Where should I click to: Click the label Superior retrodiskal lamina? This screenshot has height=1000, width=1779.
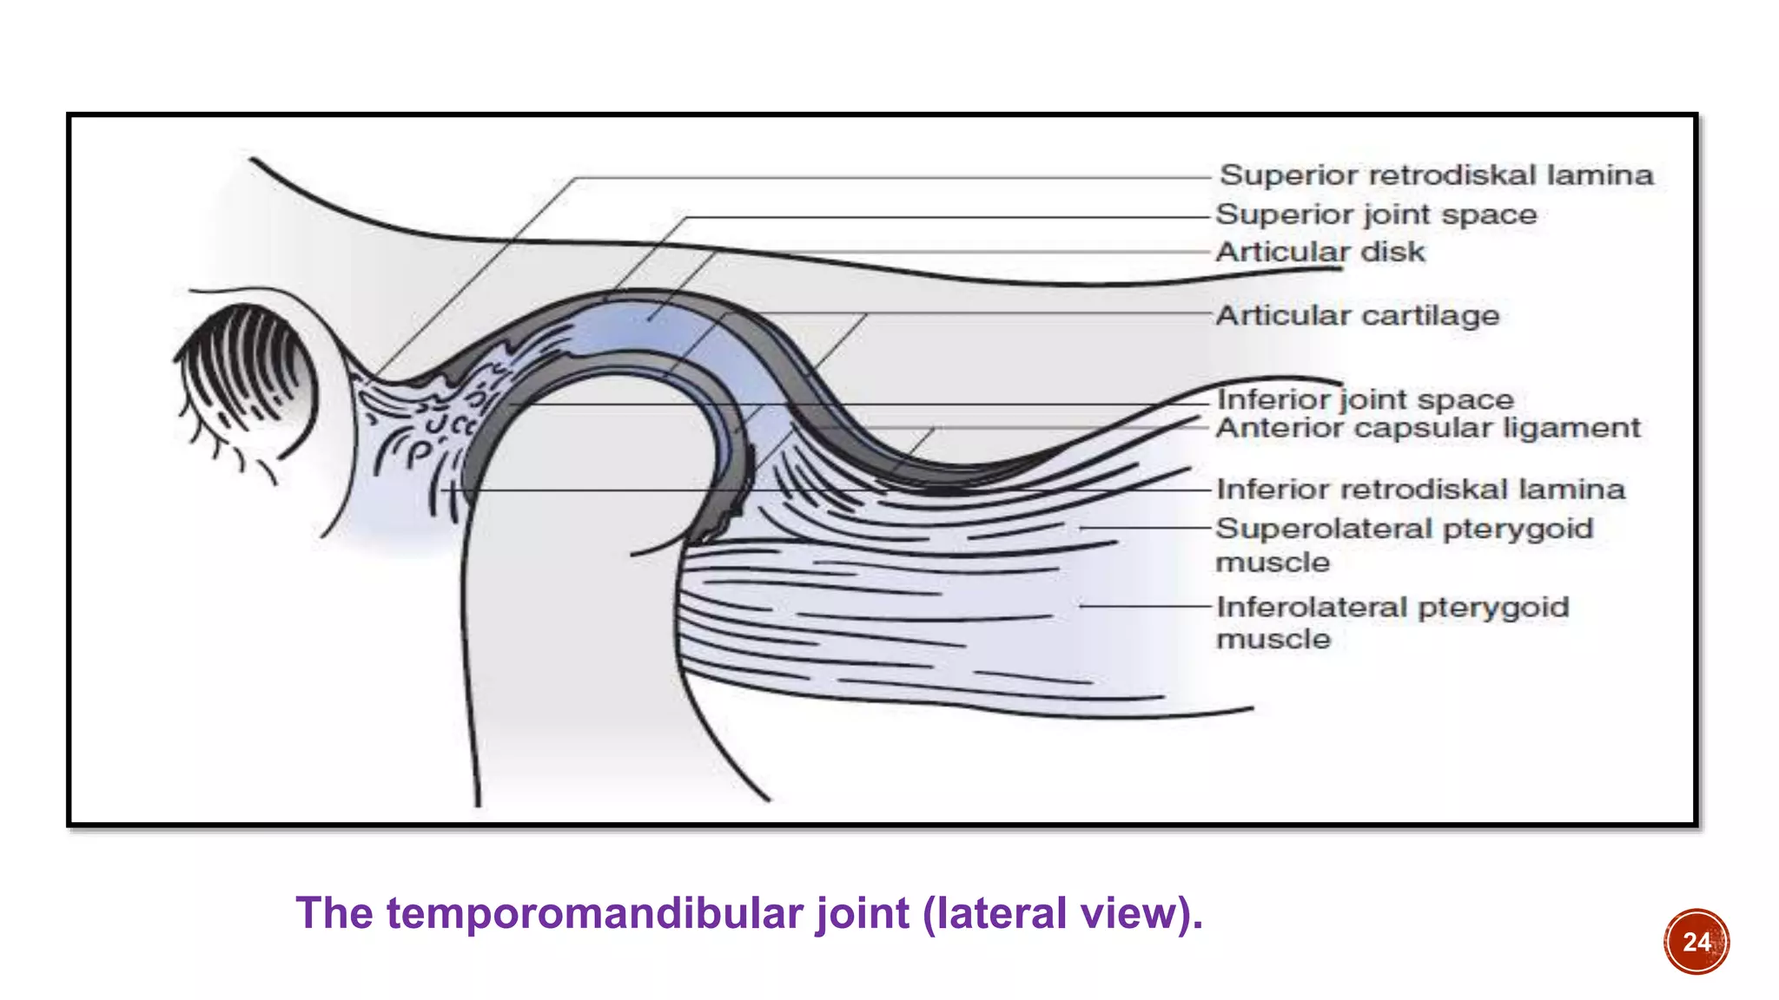click(1435, 175)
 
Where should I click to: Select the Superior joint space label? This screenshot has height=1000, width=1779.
click(1376, 214)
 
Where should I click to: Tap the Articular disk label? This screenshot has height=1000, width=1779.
click(1319, 252)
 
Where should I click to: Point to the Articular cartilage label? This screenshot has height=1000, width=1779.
click(1357, 315)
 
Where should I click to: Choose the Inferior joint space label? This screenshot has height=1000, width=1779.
click(1365, 399)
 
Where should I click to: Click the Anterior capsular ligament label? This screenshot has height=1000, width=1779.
click(1427, 428)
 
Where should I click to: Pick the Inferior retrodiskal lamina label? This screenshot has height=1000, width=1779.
click(1420, 490)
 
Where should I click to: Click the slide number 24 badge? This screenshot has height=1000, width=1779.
click(1696, 942)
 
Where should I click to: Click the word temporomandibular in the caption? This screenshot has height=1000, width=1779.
click(596, 913)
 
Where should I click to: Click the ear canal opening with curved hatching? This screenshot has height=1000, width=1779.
click(248, 373)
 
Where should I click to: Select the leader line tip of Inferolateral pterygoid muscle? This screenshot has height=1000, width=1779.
click(1082, 606)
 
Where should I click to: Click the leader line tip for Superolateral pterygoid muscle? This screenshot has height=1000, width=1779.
click(1082, 528)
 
